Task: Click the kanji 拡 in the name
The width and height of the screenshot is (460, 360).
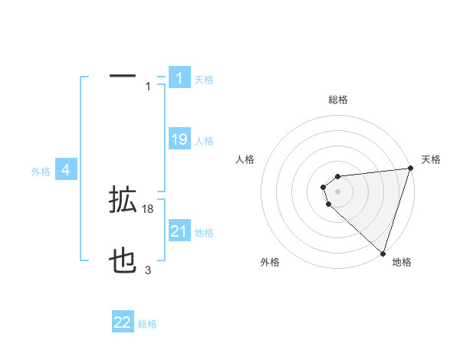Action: click(x=123, y=201)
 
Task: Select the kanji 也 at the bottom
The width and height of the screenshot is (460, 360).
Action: click(x=123, y=263)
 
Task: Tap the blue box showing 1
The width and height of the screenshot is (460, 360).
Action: click(x=179, y=78)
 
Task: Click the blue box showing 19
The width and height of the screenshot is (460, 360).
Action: click(x=179, y=139)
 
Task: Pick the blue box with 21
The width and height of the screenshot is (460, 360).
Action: click(x=179, y=231)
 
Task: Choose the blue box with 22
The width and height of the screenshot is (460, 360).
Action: click(x=123, y=322)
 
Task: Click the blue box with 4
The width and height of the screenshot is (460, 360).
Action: click(x=66, y=170)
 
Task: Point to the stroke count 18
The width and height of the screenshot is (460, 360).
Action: click(x=149, y=209)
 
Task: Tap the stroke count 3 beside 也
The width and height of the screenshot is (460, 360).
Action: click(x=148, y=270)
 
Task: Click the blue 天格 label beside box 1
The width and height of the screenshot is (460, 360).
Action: click(x=204, y=79)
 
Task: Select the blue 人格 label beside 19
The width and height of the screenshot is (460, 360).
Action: click(x=204, y=140)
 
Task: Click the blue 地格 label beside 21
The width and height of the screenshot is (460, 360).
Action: click(x=204, y=232)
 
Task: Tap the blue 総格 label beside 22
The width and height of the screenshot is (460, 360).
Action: click(x=147, y=323)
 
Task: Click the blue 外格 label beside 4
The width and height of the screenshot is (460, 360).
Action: click(x=41, y=172)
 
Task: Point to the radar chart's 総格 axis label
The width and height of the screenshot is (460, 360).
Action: click(x=337, y=100)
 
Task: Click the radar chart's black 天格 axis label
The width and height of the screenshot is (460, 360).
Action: click(x=431, y=159)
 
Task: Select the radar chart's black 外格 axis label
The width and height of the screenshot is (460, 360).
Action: click(x=270, y=262)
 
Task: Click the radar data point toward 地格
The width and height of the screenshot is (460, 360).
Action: click(x=382, y=254)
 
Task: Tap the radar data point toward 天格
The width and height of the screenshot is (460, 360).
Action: click(x=409, y=169)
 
